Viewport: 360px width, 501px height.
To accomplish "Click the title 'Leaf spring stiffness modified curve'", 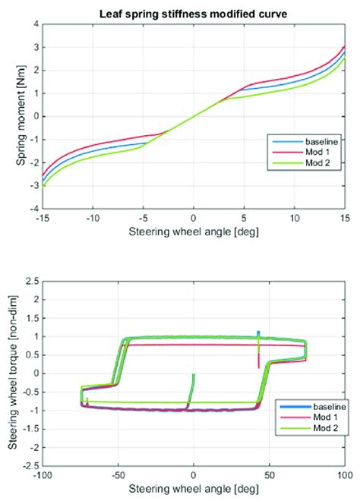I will point(193,13).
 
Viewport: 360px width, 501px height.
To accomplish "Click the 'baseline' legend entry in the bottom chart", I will point(323,406).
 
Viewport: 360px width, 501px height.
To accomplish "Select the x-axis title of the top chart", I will point(193,231).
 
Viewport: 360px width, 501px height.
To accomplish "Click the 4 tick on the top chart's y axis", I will point(35,24).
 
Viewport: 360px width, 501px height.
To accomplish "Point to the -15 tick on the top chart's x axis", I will point(43,216).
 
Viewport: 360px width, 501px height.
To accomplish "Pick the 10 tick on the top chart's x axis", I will point(294,216).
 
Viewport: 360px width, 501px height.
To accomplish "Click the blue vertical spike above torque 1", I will point(258,333).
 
